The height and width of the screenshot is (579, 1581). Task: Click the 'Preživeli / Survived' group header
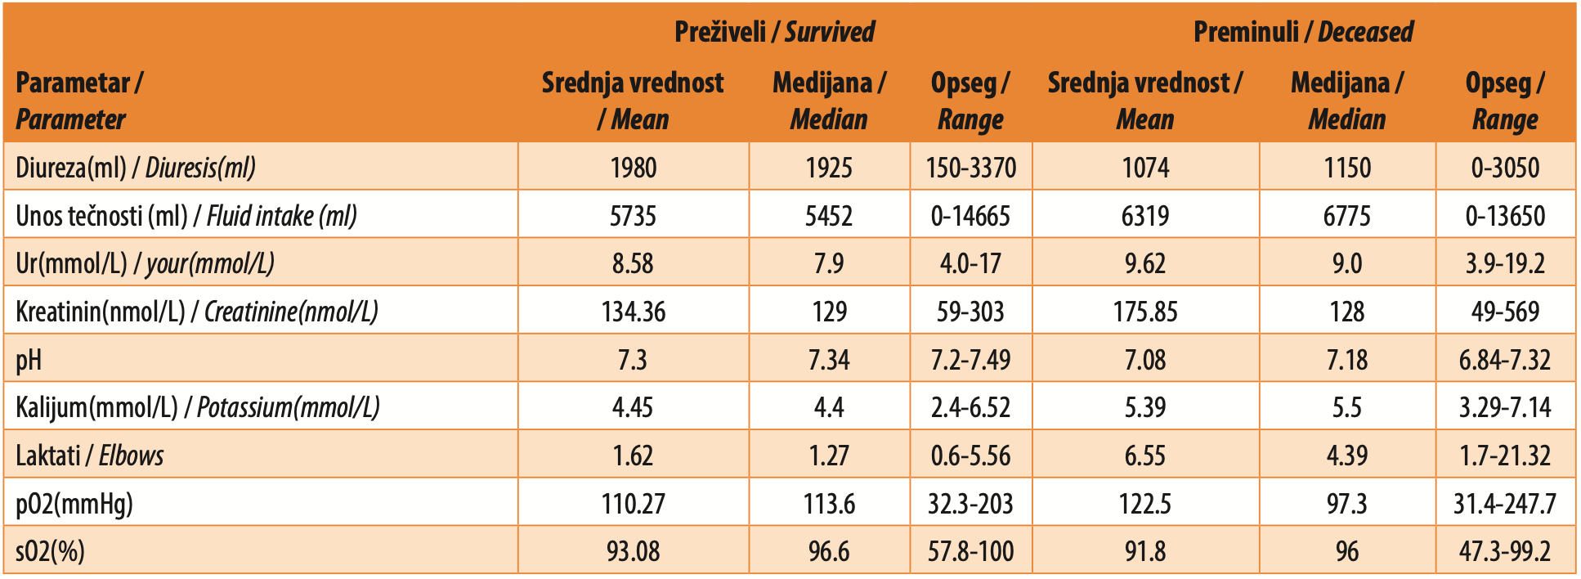pos(774,32)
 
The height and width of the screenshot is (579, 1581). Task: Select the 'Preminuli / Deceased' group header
pos(1303,32)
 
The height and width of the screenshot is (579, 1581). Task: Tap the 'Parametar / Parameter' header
pos(79,101)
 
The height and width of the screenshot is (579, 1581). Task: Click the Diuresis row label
pos(136,168)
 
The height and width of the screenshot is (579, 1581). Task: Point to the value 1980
pos(634,168)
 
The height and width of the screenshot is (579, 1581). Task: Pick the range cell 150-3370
pos(971,168)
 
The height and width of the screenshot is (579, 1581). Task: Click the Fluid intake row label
pos(186,216)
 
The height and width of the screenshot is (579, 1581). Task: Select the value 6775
pos(1347,216)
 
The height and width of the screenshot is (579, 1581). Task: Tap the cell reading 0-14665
pos(971,216)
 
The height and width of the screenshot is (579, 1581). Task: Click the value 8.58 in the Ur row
pos(634,263)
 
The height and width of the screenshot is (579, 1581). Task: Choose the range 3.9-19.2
pos(1505,263)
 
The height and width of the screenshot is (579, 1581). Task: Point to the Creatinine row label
pos(197,312)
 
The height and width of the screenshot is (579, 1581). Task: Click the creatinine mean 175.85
pos(1145,312)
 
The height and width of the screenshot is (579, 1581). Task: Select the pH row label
pos(29,360)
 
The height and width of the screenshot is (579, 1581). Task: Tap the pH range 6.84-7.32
pos(1505,360)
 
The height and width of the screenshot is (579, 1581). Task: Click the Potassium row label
pos(198,407)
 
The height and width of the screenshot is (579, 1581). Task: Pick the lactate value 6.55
pos(1145,456)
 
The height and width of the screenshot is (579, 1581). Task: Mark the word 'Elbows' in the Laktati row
pos(132,456)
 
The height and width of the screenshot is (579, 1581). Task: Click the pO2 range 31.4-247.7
pos(1505,504)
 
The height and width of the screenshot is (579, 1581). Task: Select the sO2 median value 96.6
pos(829,551)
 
